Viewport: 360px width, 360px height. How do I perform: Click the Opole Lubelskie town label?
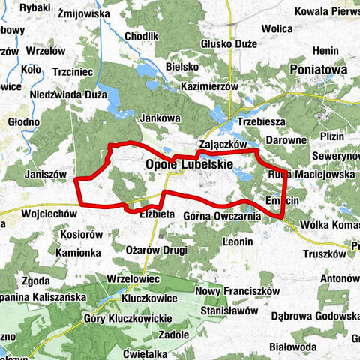pos(189,164)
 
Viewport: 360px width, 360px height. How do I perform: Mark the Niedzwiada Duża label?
pos(64,95)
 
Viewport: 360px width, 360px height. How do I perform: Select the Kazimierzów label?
pos(209,86)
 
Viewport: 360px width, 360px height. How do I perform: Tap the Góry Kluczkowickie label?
pos(125,318)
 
